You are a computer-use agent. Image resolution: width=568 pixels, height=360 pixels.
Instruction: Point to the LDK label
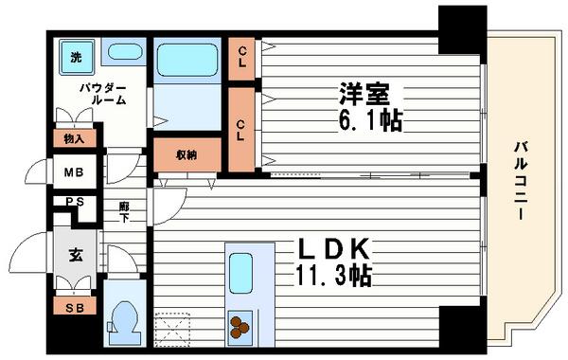coord(335,250)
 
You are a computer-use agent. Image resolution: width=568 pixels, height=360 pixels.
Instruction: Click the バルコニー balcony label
coord(522,181)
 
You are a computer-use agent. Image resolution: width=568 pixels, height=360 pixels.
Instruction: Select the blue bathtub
coord(186,62)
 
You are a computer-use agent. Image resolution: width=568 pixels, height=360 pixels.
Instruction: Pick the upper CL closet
coord(243,59)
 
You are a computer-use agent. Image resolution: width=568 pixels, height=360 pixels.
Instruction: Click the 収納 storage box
coord(186,155)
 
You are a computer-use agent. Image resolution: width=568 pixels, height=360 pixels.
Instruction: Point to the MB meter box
coord(73,172)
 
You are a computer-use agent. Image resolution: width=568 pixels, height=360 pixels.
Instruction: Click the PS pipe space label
coord(74,202)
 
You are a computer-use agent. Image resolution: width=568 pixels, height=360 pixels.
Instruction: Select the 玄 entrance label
coord(74,254)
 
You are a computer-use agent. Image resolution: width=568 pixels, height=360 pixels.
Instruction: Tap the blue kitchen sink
coord(240,271)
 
